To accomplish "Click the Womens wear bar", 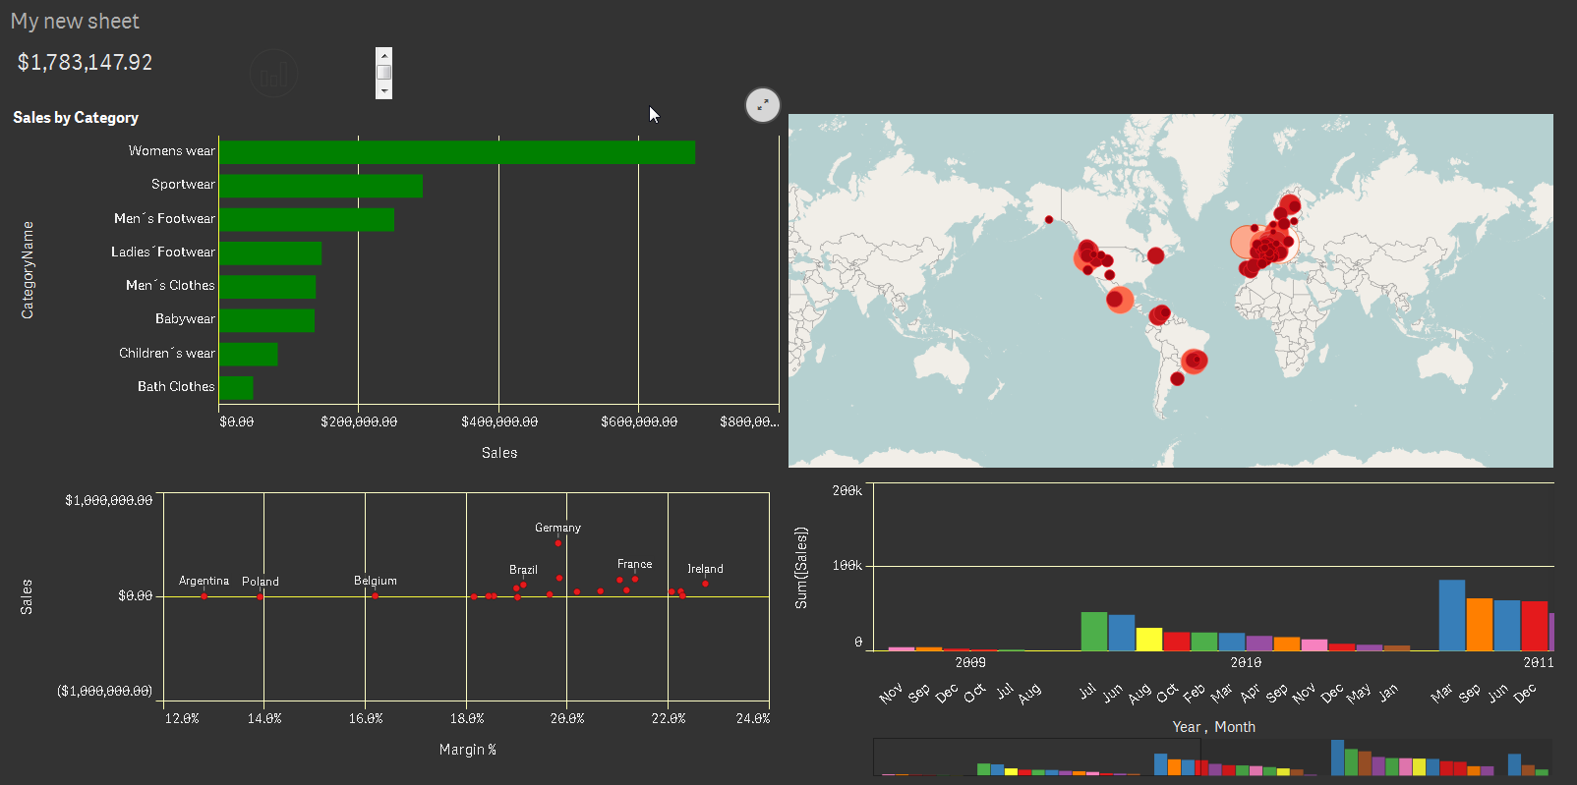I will click(x=457, y=152).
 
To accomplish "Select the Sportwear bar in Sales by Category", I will click(x=321, y=186).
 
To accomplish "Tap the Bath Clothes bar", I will click(x=236, y=388).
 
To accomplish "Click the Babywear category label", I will click(x=185, y=319).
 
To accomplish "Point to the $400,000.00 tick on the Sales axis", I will click(x=499, y=421).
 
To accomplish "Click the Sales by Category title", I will click(x=76, y=118).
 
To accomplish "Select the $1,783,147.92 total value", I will click(x=86, y=63).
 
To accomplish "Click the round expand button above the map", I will click(x=763, y=105).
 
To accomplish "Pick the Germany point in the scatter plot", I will click(x=558, y=542).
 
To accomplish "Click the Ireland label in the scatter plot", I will click(x=705, y=569).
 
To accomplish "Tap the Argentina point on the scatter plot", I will click(x=204, y=595).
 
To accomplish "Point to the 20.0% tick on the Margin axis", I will click(x=567, y=719).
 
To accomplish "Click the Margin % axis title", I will click(x=468, y=750).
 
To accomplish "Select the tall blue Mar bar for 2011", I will click(x=1452, y=615).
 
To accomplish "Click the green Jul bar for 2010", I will click(x=1094, y=631).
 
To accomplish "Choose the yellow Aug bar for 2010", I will click(x=1149, y=639).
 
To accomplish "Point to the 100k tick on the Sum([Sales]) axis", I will click(x=847, y=566).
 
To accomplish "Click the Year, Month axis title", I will click(x=1214, y=727).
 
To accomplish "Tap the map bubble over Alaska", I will click(x=1049, y=220).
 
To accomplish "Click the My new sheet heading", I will click(x=75, y=22).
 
